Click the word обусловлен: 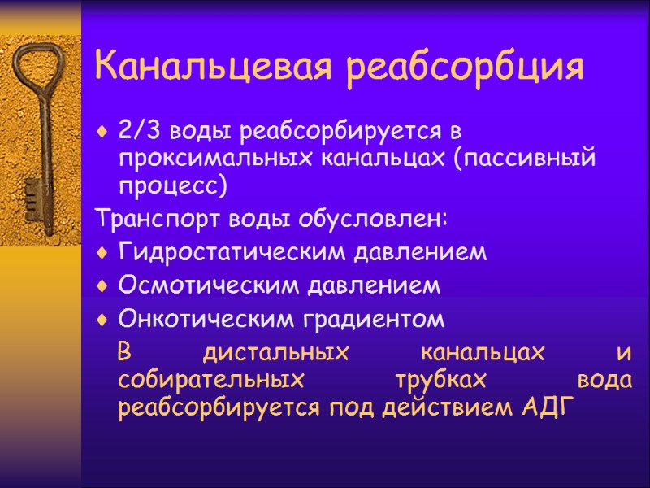click(373, 220)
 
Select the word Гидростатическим click(231, 253)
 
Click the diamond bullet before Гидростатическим click(102, 254)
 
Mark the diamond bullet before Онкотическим click(102, 320)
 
